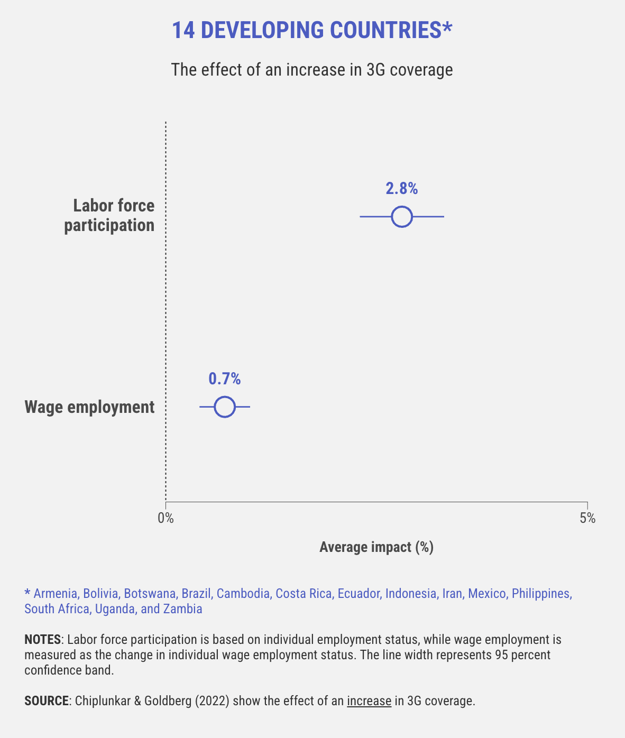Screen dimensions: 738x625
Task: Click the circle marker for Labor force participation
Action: (402, 217)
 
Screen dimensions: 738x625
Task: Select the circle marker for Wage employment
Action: (225, 407)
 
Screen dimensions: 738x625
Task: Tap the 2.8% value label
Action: (402, 189)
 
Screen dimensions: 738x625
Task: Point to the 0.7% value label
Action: (225, 379)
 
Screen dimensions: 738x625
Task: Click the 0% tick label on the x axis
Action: (166, 518)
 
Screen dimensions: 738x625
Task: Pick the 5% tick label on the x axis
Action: (587, 518)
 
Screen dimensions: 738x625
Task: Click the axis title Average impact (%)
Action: (376, 547)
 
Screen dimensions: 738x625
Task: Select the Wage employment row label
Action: (90, 407)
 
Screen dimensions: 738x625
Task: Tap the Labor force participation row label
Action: (109, 215)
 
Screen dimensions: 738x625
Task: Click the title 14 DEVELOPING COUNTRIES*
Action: (312, 31)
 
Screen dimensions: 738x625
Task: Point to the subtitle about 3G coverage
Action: (312, 70)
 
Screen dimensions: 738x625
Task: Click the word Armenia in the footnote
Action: (56, 594)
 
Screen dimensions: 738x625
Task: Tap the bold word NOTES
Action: (42, 640)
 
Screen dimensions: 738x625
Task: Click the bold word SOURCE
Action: (47, 702)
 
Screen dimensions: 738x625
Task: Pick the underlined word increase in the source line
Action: (369, 702)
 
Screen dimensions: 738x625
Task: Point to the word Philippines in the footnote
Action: (541, 594)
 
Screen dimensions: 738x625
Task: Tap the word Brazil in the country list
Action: (196, 594)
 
